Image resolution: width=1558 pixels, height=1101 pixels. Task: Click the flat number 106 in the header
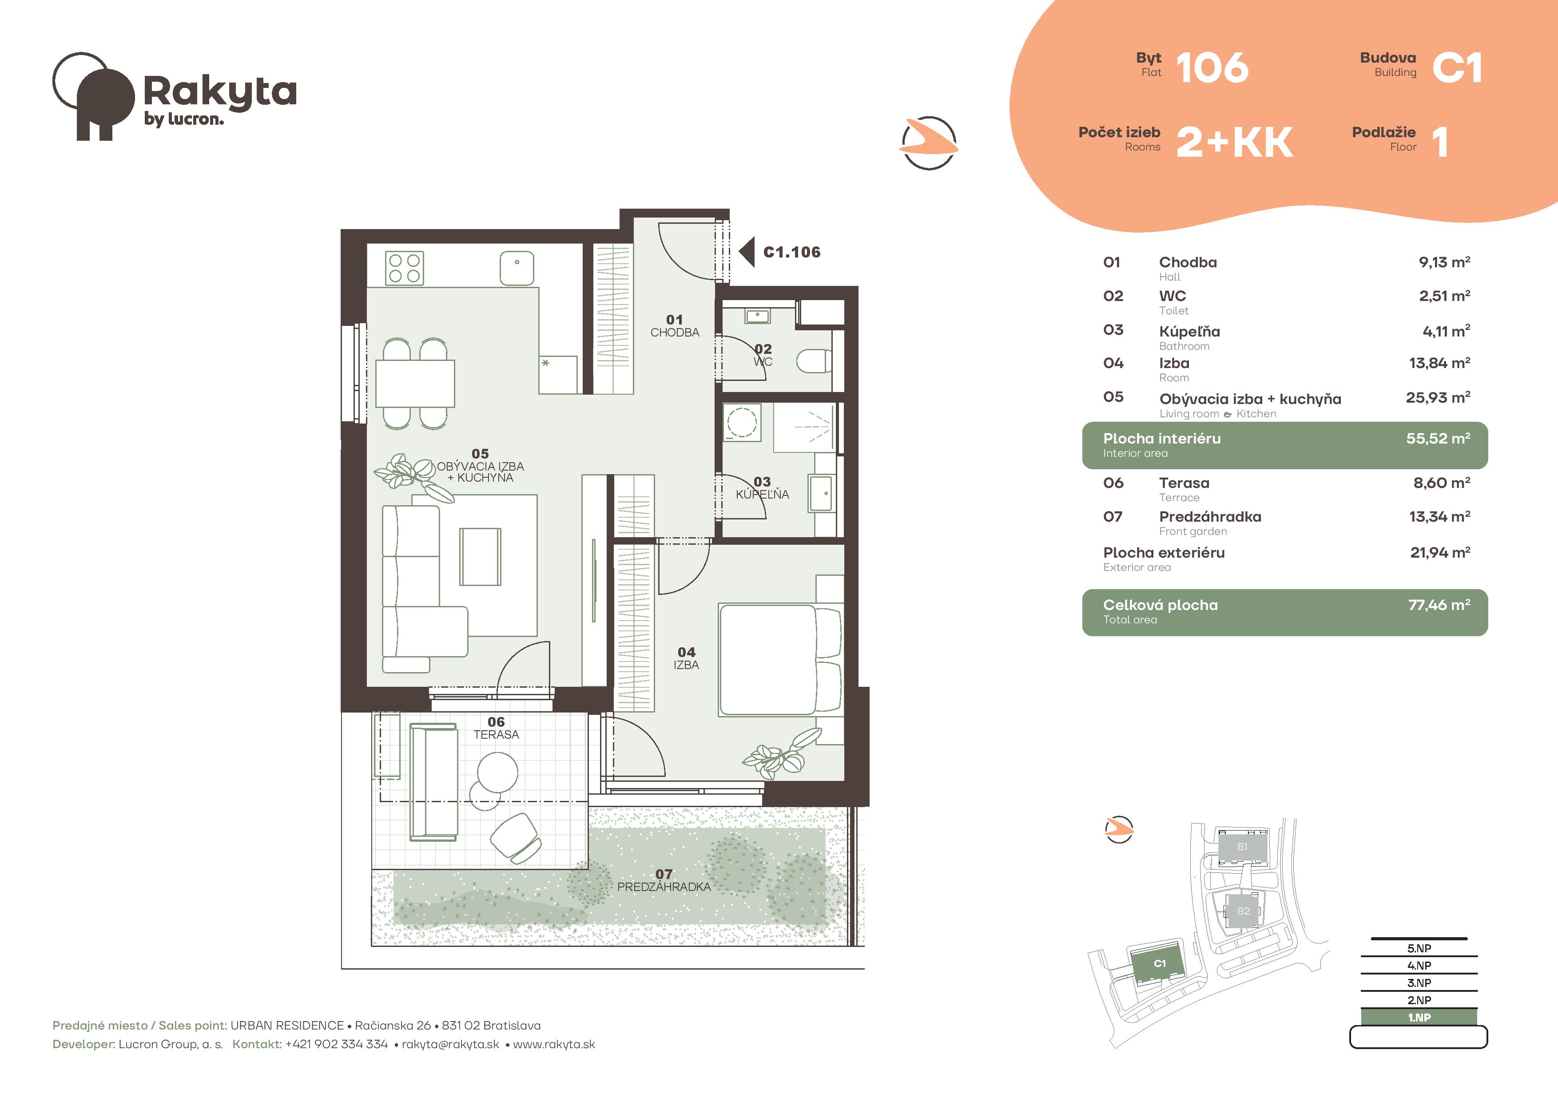click(x=1212, y=68)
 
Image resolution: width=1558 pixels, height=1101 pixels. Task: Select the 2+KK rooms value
click(x=1234, y=143)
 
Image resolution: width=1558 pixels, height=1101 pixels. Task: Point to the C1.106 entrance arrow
click(x=747, y=252)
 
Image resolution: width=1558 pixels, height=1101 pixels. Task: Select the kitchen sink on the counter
click(x=517, y=268)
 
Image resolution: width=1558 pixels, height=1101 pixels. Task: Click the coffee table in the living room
click(x=481, y=556)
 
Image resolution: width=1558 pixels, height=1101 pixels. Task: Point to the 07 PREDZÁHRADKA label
click(x=664, y=880)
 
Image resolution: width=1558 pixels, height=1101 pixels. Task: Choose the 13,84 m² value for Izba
click(x=1439, y=363)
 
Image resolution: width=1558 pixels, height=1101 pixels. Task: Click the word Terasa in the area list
click(x=1184, y=483)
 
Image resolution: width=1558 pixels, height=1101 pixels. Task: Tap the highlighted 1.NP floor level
click(x=1419, y=1018)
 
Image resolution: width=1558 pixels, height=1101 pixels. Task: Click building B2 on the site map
click(x=1243, y=911)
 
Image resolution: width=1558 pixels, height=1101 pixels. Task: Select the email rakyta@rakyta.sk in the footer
click(x=451, y=1045)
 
